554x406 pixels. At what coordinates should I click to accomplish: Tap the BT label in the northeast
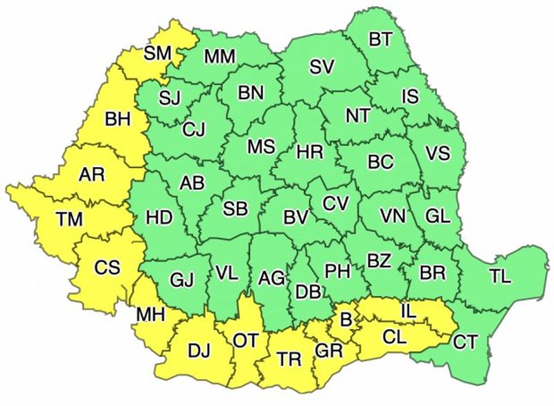[x=380, y=39]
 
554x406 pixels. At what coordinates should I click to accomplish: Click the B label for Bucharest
[x=344, y=319]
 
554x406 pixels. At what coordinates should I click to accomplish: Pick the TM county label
[x=69, y=220]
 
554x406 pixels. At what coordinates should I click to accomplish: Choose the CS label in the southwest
[x=107, y=265]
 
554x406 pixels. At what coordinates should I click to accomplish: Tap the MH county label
[x=150, y=315]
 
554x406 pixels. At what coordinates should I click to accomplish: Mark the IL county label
[x=409, y=312]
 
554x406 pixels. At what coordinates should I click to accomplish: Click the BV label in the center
[x=296, y=217]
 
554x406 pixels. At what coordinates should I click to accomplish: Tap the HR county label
[x=308, y=150]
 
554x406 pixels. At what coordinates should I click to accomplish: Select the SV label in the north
[x=322, y=67]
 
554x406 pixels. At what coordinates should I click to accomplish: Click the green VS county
[x=436, y=154]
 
